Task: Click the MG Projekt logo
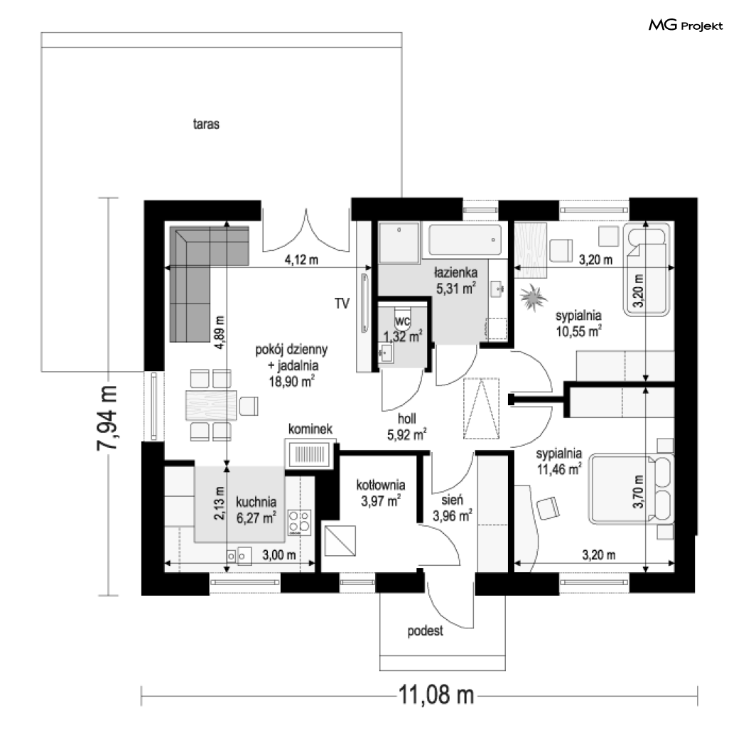686,25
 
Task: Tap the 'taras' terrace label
206,124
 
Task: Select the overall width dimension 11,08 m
436,695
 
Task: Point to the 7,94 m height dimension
107,418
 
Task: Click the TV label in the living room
342,304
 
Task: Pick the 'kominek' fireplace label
310,429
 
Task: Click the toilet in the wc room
403,319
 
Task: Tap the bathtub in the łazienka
465,240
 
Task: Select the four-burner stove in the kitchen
300,522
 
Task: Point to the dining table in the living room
211,405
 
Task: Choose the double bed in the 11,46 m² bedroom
632,488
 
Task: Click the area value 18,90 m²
291,381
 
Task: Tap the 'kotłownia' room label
381,485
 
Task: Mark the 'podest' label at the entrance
425,631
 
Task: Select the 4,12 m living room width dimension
301,260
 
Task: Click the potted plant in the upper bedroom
533,298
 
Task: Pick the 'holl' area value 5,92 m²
406,434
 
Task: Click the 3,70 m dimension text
639,491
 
